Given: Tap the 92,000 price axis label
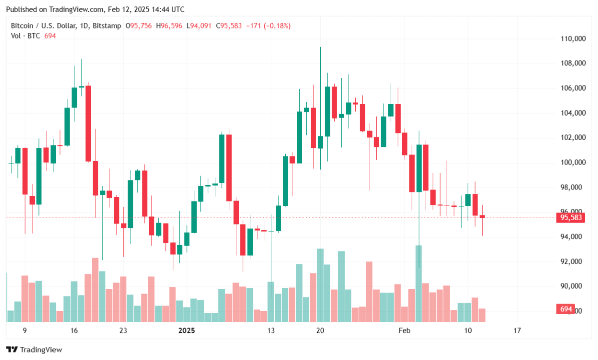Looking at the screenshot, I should pyautogui.click(x=573, y=261).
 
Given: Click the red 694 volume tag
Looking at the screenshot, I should pyautogui.click(x=566, y=309).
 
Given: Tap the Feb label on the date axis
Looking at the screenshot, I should pyautogui.click(x=404, y=330).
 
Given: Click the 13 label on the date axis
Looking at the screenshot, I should pyautogui.click(x=271, y=330).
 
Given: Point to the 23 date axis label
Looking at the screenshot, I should pyautogui.click(x=123, y=330).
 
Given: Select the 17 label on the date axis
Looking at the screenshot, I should pyautogui.click(x=517, y=330).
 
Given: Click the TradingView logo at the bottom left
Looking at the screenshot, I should pyautogui.click(x=34, y=349).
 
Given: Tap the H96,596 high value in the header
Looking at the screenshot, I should pyautogui.click(x=170, y=25).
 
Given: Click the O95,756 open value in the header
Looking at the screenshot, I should pyautogui.click(x=138, y=25).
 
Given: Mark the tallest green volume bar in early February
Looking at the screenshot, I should pyautogui.click(x=419, y=280).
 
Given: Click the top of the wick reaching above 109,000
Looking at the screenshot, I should pyautogui.click(x=320, y=47).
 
